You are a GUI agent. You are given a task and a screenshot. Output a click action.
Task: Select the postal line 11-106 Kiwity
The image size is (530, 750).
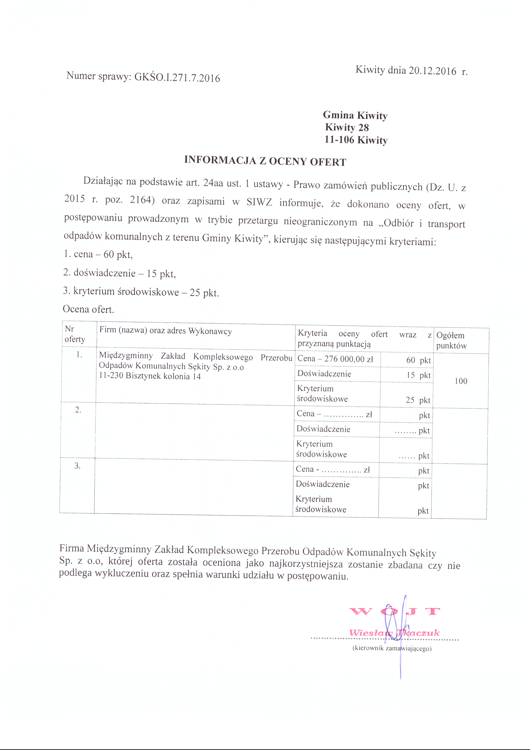click(x=356, y=140)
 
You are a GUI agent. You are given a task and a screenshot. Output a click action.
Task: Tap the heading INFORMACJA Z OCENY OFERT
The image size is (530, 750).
click(x=265, y=161)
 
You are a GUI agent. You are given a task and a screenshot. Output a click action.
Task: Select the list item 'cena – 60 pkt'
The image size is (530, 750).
click(x=98, y=254)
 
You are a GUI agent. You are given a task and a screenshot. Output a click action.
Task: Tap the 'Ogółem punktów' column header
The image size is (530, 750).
click(x=451, y=340)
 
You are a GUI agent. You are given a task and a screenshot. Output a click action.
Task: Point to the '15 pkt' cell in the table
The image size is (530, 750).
click(x=418, y=375)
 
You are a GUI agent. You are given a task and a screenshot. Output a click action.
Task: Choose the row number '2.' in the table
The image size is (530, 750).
click(x=78, y=410)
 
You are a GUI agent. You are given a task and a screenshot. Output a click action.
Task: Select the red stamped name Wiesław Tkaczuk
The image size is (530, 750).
click(x=394, y=633)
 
